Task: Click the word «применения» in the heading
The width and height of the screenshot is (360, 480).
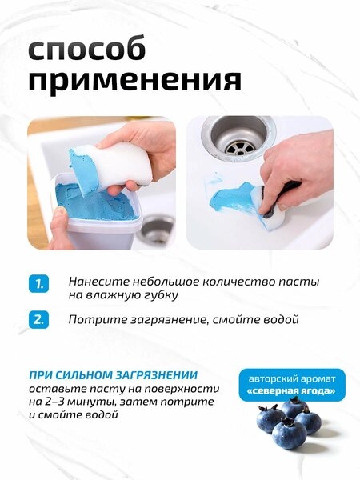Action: coord(135,81)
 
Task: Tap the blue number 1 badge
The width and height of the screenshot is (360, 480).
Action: coord(39,284)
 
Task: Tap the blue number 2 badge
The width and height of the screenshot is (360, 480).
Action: coord(39,319)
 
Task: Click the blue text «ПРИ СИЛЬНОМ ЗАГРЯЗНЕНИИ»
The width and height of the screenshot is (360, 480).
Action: coord(114,375)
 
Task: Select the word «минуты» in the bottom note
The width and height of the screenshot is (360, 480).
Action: coord(91,402)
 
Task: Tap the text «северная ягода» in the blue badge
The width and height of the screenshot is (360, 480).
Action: coord(292,391)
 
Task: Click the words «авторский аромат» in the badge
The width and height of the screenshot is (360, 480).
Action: coord(292,379)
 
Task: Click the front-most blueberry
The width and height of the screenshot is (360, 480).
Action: coord(289,434)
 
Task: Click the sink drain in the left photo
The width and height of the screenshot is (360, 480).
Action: coord(155,229)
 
